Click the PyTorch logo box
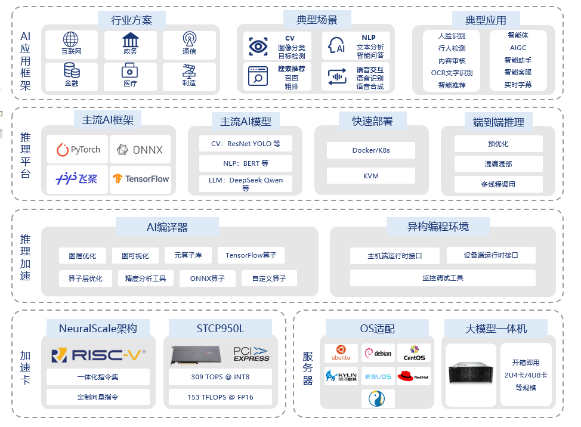pyautogui.click(x=78, y=150)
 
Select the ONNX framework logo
pyautogui.click(x=140, y=150)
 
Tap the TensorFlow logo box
pyautogui.click(x=140, y=178)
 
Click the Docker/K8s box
pyautogui.click(x=371, y=150)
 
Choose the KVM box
pyautogui.click(x=371, y=176)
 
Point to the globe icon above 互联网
pyautogui.click(x=71, y=40)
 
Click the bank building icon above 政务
pyautogui.click(x=130, y=40)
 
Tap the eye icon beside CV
pyautogui.click(x=258, y=47)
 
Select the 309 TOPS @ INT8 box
pyautogui.click(x=220, y=377)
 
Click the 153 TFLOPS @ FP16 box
pyautogui.click(x=220, y=397)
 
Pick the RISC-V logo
pyautogui.click(x=98, y=355)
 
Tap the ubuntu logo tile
pyautogui.click(x=341, y=353)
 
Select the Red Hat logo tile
pyautogui.click(x=413, y=376)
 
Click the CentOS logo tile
pyautogui.click(x=414, y=353)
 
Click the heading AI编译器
pyautogui.click(x=167, y=227)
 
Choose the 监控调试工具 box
pyautogui.click(x=443, y=278)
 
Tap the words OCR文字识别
pyautogui.click(x=452, y=73)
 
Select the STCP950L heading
pyautogui.click(x=220, y=328)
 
